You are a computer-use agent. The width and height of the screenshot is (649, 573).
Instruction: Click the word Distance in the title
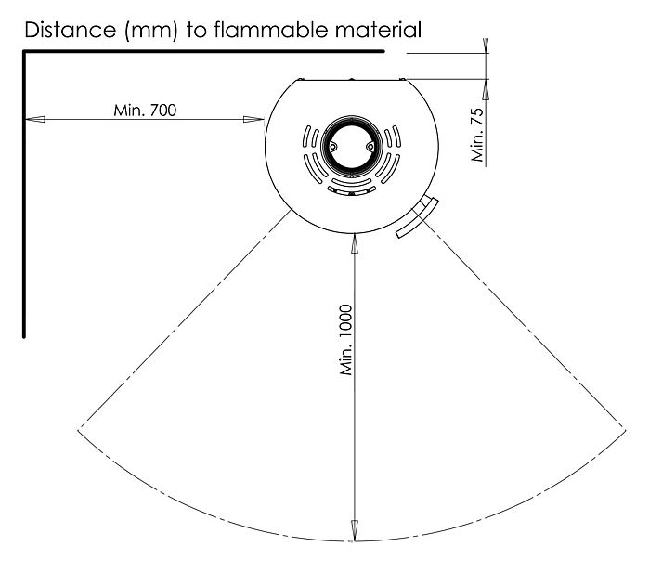point(71,30)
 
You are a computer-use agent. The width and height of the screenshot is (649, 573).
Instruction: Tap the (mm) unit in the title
point(151,31)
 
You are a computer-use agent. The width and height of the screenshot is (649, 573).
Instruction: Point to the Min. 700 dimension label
point(145,111)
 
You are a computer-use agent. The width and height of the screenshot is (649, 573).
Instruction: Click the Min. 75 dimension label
point(477,135)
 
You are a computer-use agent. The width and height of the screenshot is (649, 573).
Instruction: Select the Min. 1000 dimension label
point(346,340)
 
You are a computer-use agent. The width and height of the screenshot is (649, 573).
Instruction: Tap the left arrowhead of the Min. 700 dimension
point(34,119)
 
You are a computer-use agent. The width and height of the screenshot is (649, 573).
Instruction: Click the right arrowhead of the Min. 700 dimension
point(253,119)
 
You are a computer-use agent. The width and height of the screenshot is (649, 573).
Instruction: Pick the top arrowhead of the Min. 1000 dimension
point(355,243)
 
